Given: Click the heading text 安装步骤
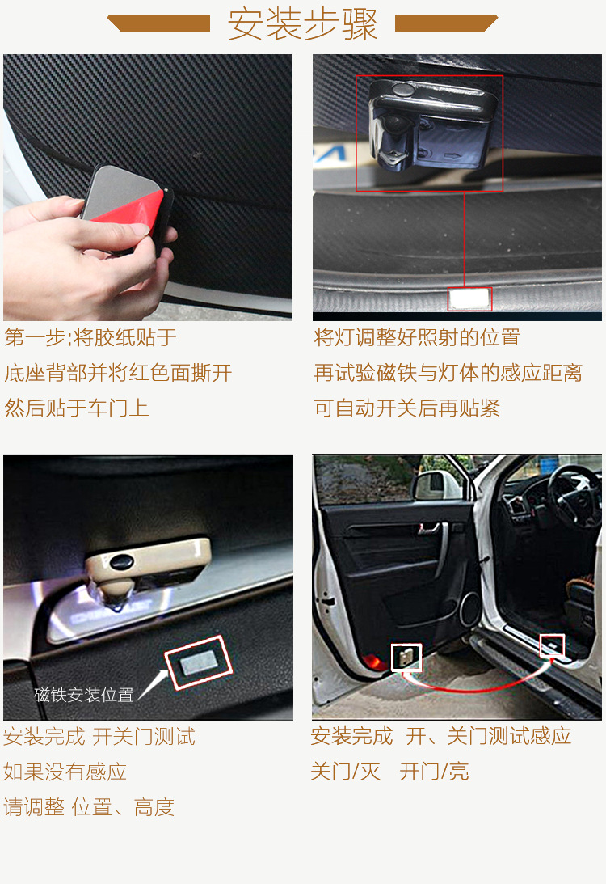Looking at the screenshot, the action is click(302, 23).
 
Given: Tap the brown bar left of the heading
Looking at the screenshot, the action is click(159, 23).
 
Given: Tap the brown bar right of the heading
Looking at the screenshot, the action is click(445, 23).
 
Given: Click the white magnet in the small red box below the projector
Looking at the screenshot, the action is click(469, 298).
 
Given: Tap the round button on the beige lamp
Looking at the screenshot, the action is click(121, 561).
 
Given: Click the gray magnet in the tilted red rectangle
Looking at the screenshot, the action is click(198, 662).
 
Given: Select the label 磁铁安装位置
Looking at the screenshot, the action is click(84, 695).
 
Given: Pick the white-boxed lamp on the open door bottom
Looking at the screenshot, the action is click(406, 657).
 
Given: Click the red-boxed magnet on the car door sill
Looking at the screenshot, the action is click(553, 645).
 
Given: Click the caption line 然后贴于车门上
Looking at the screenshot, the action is click(77, 408).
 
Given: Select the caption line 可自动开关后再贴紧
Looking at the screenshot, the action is click(407, 408).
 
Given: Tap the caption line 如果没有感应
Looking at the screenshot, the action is click(65, 772).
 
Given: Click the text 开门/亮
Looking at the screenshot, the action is click(434, 771).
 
